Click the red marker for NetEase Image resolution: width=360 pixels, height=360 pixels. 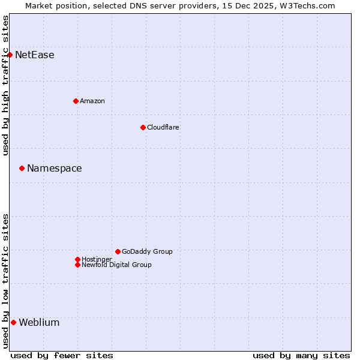[10, 55]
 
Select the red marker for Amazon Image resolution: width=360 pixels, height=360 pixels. [76, 101]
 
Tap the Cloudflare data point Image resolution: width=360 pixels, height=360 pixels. [143, 127]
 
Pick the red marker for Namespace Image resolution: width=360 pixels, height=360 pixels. [22, 168]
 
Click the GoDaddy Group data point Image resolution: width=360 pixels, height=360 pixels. [118, 251]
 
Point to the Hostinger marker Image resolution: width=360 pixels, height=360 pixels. [77, 259]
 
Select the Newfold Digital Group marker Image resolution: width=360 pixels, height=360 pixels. [77, 265]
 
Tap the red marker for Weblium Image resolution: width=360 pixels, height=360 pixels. [13, 322]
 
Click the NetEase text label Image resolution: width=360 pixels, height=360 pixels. [35, 55]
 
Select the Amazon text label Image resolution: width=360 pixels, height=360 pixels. [92, 101]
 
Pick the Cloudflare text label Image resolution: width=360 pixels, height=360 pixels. [163, 127]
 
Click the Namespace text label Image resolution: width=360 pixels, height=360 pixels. [55, 169]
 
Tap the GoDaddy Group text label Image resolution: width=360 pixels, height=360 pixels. [147, 251]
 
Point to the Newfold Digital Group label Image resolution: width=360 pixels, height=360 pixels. [117, 265]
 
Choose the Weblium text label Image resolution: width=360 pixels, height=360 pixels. [40, 323]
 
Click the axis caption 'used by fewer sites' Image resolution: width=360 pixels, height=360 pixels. [62, 355]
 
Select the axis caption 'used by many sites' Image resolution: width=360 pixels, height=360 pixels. [301, 355]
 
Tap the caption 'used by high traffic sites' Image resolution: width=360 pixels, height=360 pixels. [6, 85]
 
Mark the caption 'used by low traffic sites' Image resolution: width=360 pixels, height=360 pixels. [6, 281]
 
